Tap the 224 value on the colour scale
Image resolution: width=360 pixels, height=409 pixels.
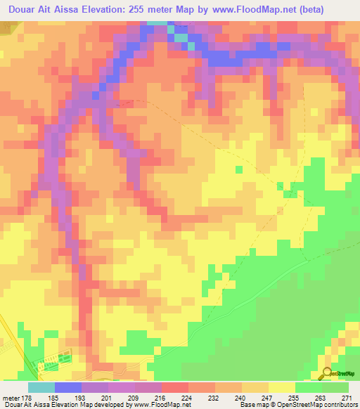162,398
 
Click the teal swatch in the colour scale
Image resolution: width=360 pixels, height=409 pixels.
41,387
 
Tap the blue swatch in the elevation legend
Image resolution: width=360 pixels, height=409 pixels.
68,387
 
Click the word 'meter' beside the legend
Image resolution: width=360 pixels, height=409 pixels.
9,398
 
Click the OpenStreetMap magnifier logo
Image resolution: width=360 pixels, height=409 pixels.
326,373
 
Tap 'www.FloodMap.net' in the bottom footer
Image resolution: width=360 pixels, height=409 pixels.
160,405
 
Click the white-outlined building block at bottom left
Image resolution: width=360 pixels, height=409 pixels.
51,363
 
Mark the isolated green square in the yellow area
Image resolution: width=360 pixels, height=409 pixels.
239,169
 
